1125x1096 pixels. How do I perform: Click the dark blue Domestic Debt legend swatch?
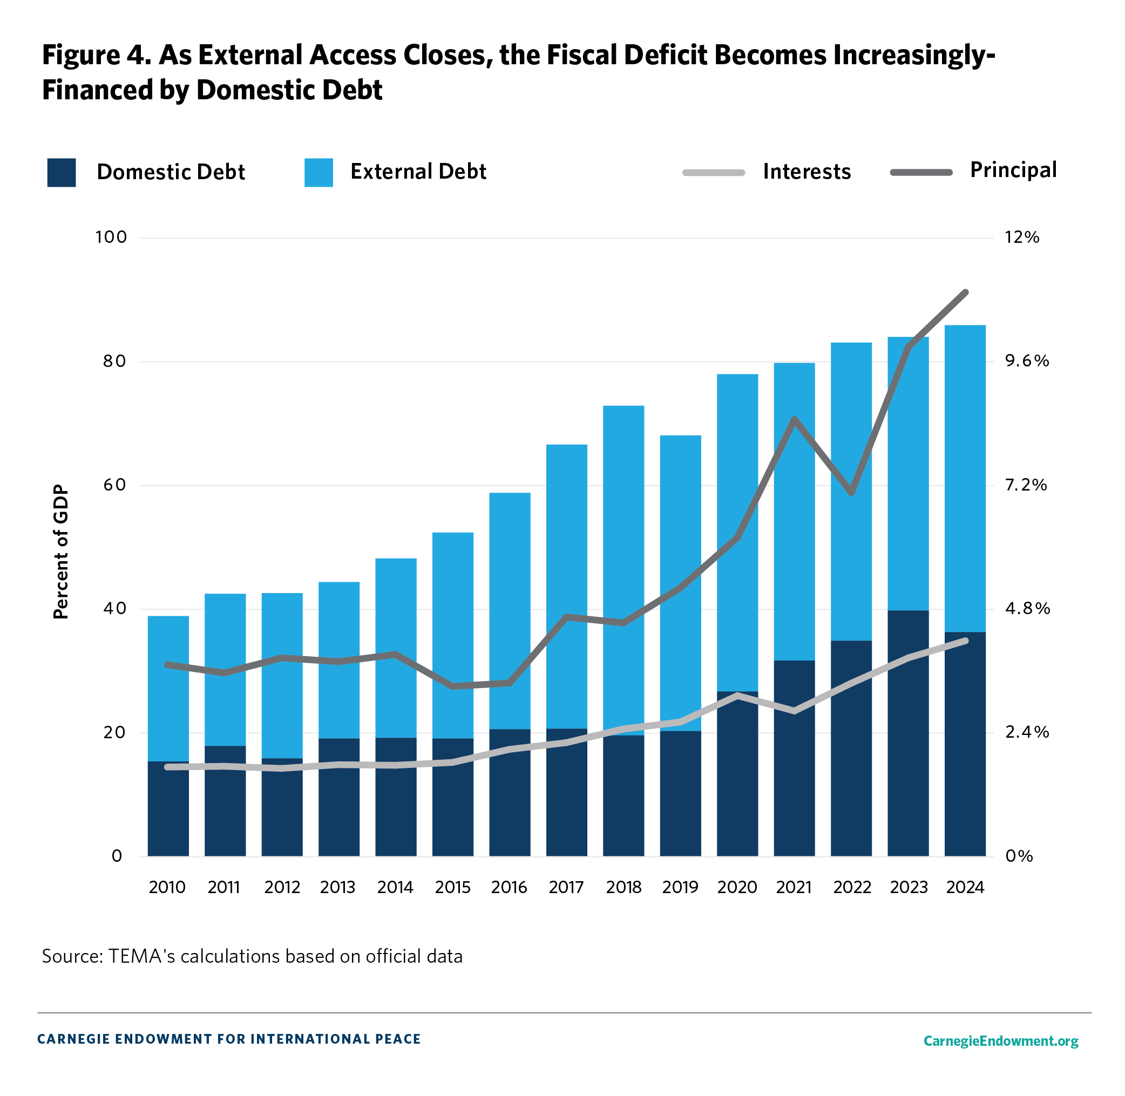[61, 173]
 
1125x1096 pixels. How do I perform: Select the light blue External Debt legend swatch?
[318, 173]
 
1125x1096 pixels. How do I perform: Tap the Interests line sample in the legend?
[713, 173]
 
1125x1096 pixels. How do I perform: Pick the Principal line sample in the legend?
[920, 173]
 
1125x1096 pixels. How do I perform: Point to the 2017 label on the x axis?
[566, 887]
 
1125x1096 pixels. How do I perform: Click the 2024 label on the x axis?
[965, 887]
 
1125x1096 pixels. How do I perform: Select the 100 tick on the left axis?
[111, 237]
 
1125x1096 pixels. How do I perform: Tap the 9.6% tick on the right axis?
[1027, 361]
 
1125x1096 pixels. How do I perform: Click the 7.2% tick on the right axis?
[1025, 485]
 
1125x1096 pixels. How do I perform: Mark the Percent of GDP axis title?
[61, 552]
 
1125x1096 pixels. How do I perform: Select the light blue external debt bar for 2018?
[624, 570]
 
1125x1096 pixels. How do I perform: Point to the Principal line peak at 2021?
[794, 419]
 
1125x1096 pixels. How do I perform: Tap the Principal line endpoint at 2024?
[966, 293]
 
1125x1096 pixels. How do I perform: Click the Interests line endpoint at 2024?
[966, 641]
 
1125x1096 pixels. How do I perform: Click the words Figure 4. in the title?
[96, 55]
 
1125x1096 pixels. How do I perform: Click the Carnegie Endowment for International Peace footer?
[228, 1039]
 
